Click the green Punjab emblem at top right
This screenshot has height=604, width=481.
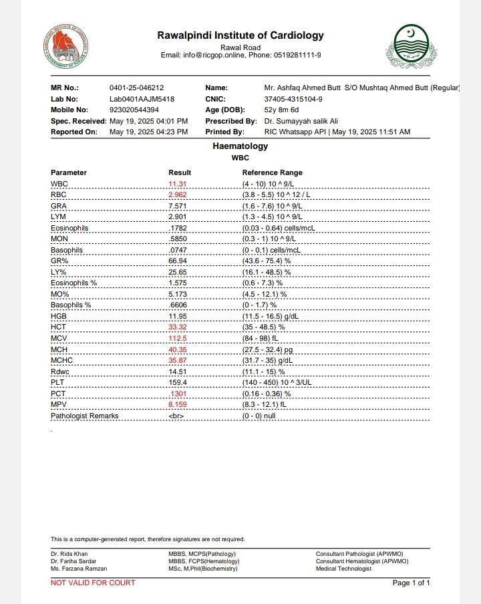click(411, 46)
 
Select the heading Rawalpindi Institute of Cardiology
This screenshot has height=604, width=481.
click(240, 35)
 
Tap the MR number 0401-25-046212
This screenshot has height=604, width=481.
click(136, 88)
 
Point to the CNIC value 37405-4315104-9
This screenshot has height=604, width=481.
click(293, 99)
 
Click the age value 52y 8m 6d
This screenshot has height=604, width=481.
click(282, 110)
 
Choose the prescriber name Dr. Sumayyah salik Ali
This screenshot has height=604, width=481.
click(301, 121)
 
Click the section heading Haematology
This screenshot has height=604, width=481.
click(240, 146)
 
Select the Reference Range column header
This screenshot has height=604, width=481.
click(272, 172)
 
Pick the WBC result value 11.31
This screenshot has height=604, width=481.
click(177, 184)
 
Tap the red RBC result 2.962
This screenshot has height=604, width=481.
click(177, 194)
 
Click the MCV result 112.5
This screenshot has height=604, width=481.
click(177, 338)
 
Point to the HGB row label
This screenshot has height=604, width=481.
click(59, 316)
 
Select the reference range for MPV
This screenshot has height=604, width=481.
click(264, 404)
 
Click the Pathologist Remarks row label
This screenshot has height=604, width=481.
click(84, 416)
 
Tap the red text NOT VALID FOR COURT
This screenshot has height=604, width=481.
click(93, 583)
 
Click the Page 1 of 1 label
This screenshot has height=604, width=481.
click(411, 583)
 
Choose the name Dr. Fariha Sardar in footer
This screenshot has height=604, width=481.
click(73, 561)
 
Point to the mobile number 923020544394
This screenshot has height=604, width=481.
click(134, 110)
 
